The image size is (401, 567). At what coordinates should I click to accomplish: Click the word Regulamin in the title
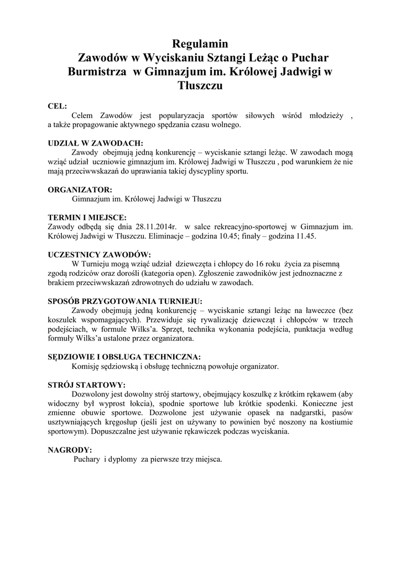[200, 44]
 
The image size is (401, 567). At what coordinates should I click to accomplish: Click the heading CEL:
[58, 106]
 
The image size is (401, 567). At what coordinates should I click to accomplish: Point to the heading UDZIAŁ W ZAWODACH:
[96, 142]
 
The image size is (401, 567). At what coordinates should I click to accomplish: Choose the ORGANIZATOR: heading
[80, 189]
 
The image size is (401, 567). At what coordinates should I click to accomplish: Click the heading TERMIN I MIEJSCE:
[87, 217]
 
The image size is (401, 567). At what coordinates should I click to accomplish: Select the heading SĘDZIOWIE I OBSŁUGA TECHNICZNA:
[124, 357]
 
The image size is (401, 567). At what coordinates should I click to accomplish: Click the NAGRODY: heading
[70, 450]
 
